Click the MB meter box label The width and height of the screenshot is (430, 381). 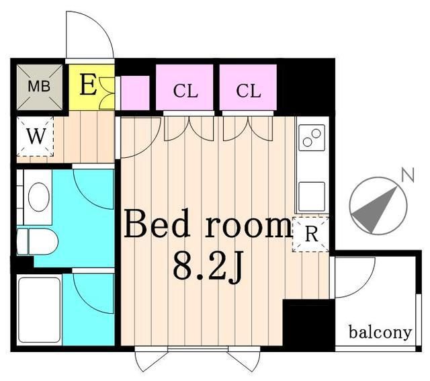tap(38, 87)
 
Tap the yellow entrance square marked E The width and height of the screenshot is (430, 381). tap(88, 86)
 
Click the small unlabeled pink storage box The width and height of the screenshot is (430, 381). tap(133, 91)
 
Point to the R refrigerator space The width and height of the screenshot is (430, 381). tap(310, 235)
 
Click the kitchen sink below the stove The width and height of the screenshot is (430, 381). tap(312, 196)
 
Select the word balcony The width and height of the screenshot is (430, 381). tap(380, 332)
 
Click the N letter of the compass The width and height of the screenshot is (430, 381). tap(406, 175)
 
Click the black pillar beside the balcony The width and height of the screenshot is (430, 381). tap(308, 325)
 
